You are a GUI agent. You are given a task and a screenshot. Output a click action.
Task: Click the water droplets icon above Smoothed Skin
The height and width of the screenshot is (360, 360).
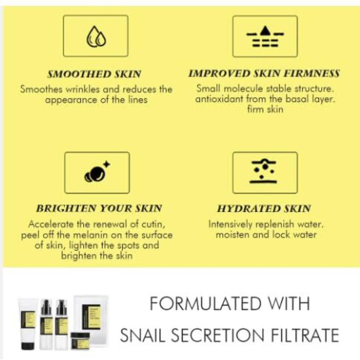[96, 36]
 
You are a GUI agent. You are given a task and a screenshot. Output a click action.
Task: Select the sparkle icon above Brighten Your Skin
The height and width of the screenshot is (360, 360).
[96, 172]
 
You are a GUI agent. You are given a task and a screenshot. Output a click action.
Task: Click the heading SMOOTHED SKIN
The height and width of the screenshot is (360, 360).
[94, 75]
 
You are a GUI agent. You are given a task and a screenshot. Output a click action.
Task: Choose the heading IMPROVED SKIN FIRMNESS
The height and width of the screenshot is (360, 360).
[264, 74]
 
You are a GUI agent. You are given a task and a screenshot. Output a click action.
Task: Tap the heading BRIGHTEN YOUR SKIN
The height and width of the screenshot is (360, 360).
[99, 208]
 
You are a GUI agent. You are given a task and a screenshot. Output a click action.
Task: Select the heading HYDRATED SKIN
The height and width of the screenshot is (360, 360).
[264, 208]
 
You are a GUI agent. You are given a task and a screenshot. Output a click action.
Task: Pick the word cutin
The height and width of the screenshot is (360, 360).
[153, 225]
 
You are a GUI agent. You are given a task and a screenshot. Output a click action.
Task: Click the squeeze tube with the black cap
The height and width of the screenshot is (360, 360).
[28, 324]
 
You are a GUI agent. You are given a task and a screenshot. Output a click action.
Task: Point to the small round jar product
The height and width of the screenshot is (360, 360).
[80, 339]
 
